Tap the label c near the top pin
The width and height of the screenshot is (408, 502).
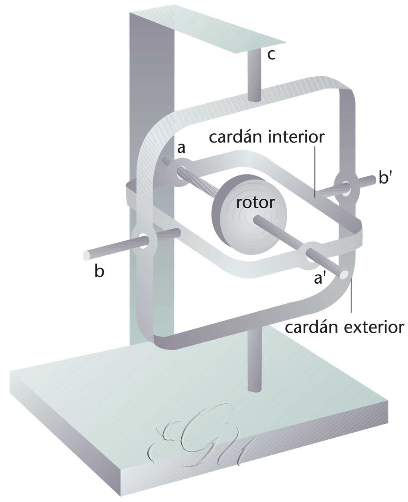(x=271, y=55)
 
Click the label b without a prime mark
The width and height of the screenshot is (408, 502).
(x=99, y=271)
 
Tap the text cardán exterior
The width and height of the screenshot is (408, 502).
(x=344, y=327)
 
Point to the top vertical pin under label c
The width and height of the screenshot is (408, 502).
(x=254, y=76)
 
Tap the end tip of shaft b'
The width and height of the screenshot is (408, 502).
(x=375, y=179)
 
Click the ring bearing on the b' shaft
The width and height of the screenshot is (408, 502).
(x=345, y=186)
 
